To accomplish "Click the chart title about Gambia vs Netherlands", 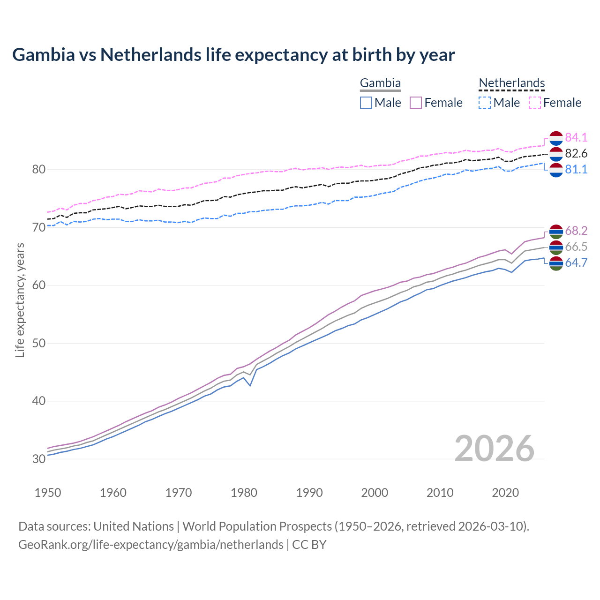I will click(233, 55).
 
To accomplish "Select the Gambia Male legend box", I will click(366, 103).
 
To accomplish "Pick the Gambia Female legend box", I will click(416, 103).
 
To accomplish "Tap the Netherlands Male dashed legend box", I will click(485, 103).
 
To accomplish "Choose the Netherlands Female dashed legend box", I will click(535, 103).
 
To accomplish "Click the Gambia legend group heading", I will click(380, 83).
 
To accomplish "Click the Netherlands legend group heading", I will click(511, 83).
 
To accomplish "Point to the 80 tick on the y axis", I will click(38, 170).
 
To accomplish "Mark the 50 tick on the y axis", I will click(38, 343).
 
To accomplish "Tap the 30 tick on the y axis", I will click(38, 459).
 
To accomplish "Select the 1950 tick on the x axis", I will click(48, 493).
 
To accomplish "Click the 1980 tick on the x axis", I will click(244, 493).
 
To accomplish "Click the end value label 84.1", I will click(576, 137).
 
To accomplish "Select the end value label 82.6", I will click(576, 153).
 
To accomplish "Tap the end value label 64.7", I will click(576, 262).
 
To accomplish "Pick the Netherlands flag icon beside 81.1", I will click(556, 170).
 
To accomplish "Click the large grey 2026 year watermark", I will click(494, 449).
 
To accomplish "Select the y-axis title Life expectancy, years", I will click(20, 300).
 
